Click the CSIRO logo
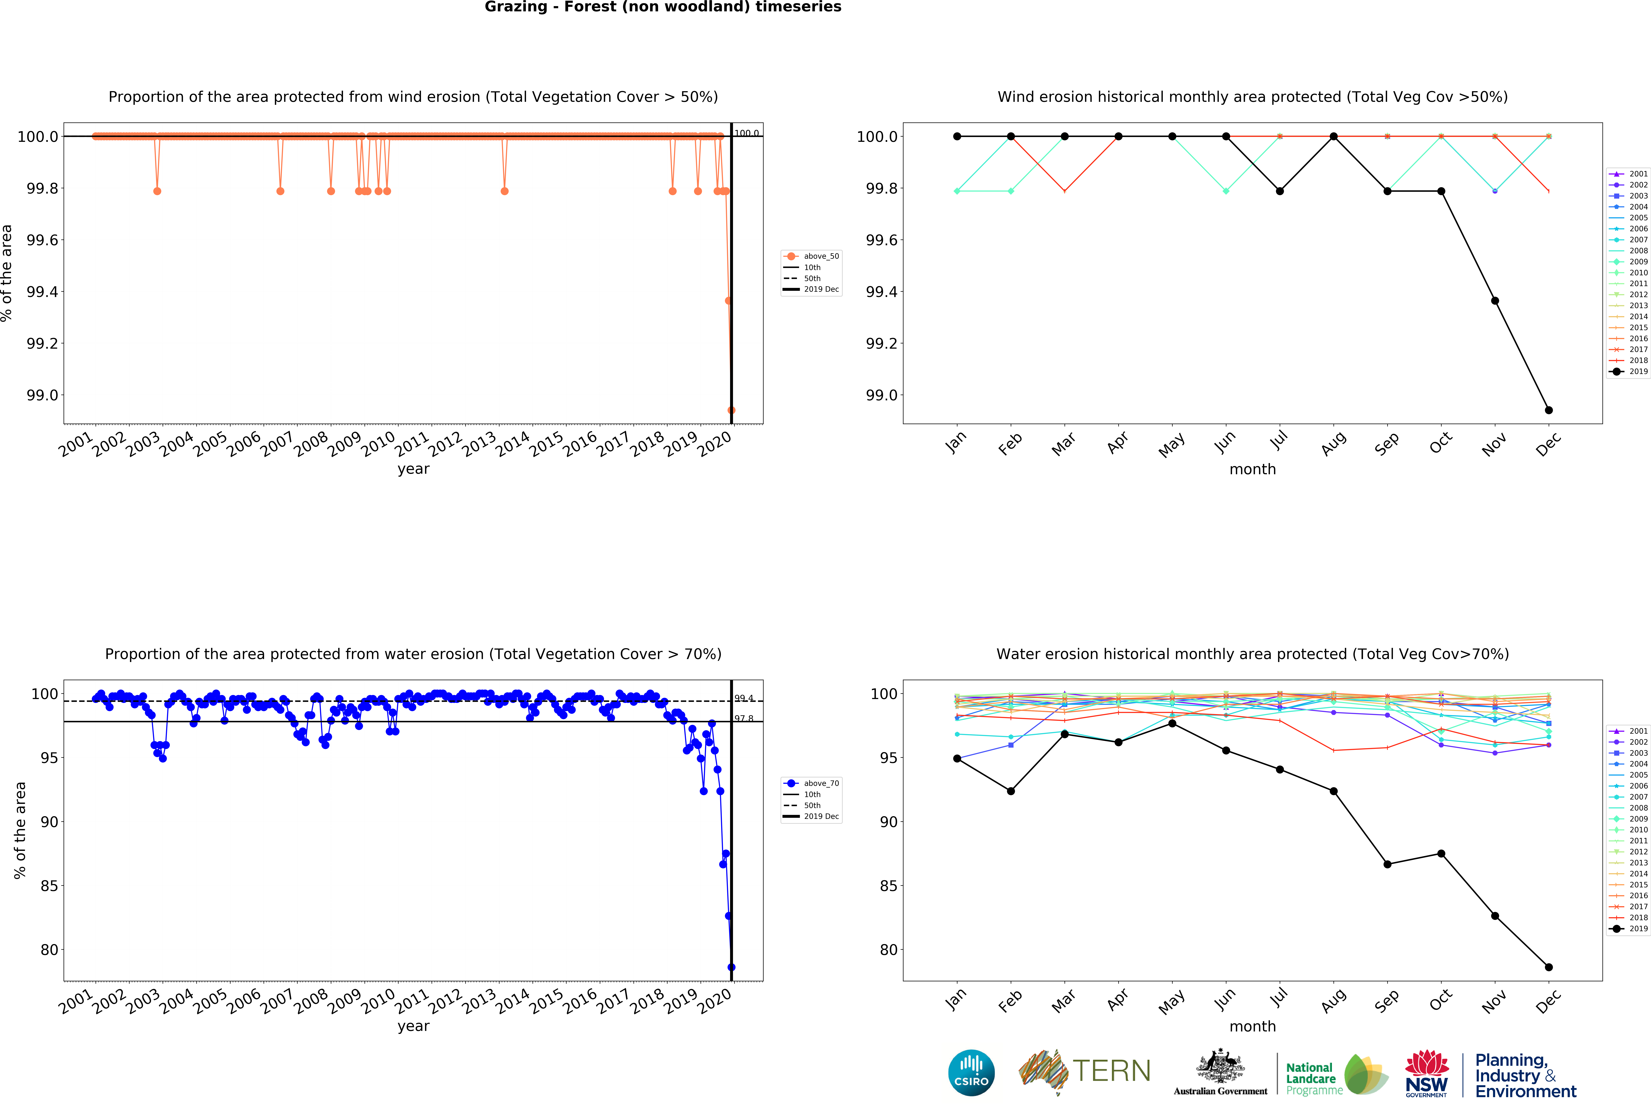tap(971, 1073)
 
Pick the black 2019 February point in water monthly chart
tap(1011, 791)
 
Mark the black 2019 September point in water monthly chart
tap(1387, 864)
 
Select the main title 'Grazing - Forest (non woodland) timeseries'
tap(663, 7)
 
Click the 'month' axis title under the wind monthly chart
tap(1252, 470)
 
